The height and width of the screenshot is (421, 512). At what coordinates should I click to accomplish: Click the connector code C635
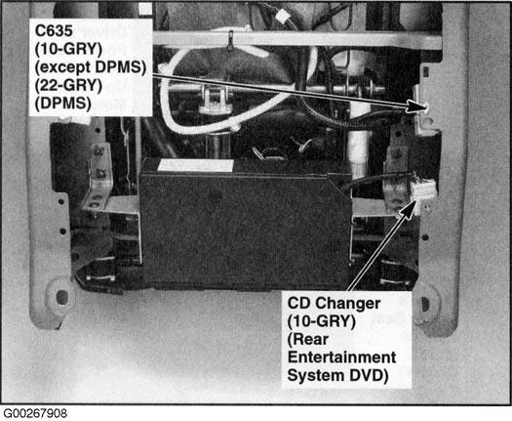coord(54,31)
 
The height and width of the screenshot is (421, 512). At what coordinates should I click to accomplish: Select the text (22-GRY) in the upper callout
coord(68,85)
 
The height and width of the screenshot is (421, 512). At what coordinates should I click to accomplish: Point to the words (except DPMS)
coord(90,67)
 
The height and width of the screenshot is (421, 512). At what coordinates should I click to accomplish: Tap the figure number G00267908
coord(34,413)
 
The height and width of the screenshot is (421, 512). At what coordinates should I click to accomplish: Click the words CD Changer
coord(334,304)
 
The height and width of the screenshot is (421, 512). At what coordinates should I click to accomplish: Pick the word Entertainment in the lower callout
coord(341,358)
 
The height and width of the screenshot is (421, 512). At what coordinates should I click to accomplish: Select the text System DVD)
coord(338,375)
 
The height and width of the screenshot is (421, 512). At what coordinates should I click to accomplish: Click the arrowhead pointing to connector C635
coord(416,106)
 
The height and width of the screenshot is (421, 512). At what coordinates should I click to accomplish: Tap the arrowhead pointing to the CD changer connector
coord(409,209)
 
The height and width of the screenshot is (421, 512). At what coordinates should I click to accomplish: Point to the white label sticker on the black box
coord(195,165)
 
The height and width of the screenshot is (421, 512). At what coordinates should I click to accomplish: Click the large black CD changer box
coord(245,229)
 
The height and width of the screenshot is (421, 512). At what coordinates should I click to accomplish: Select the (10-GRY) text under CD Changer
coord(321,321)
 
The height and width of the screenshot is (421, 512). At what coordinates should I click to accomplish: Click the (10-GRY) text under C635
coord(68,50)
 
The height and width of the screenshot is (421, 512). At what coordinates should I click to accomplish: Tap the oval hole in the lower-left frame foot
coord(61,297)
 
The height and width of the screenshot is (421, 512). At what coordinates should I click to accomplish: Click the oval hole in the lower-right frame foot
coord(425,304)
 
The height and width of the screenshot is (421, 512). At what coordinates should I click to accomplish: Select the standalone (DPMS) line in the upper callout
coord(63,104)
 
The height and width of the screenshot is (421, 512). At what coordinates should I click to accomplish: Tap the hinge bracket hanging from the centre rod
coord(215,98)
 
